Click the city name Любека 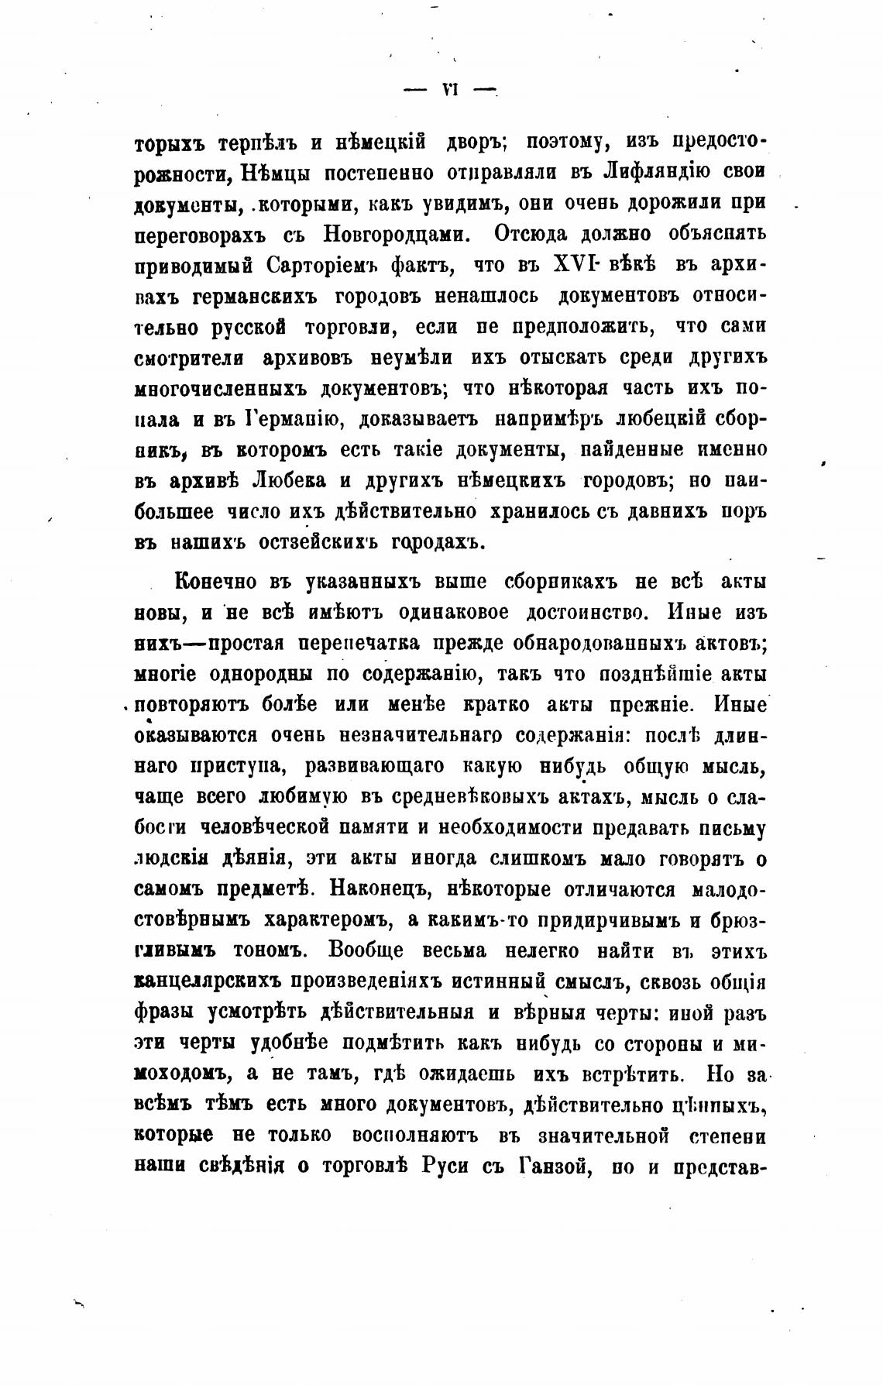[x=290, y=481]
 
